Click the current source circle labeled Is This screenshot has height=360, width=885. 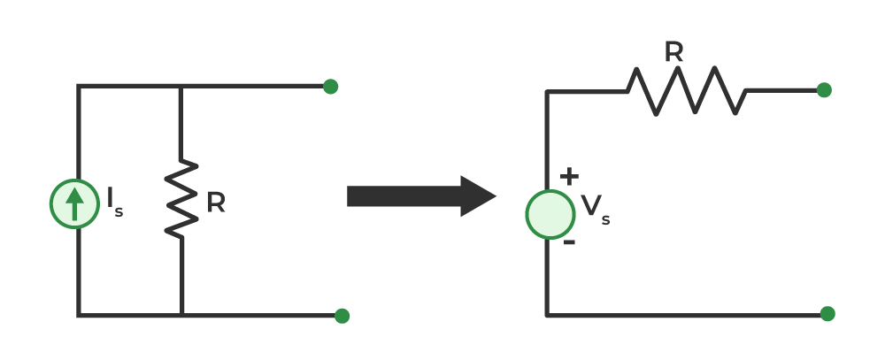(x=74, y=203)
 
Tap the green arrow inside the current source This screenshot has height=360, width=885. (x=74, y=203)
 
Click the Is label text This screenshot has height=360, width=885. (x=115, y=203)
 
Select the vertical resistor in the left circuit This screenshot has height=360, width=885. (x=181, y=198)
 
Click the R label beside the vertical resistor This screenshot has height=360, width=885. (x=216, y=203)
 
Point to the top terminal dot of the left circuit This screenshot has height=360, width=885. (x=331, y=87)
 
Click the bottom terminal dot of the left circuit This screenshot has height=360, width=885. (x=342, y=316)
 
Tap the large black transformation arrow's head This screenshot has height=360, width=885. (x=478, y=196)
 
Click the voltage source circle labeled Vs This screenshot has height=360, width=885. (x=550, y=214)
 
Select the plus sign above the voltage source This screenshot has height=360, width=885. (x=569, y=176)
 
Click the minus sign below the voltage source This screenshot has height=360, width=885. (x=569, y=242)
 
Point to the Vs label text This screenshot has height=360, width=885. (x=596, y=210)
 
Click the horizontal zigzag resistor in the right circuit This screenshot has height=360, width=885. (x=687, y=91)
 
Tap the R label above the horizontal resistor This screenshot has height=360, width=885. (x=673, y=52)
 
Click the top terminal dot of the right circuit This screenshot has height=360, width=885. (x=824, y=89)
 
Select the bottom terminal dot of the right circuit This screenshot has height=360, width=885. (x=827, y=314)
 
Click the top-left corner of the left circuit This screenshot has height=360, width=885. (x=79, y=87)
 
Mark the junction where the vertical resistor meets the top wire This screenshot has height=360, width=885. (x=181, y=87)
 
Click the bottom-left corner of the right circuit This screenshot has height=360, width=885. (x=547, y=316)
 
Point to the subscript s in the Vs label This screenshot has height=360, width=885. (x=605, y=219)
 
